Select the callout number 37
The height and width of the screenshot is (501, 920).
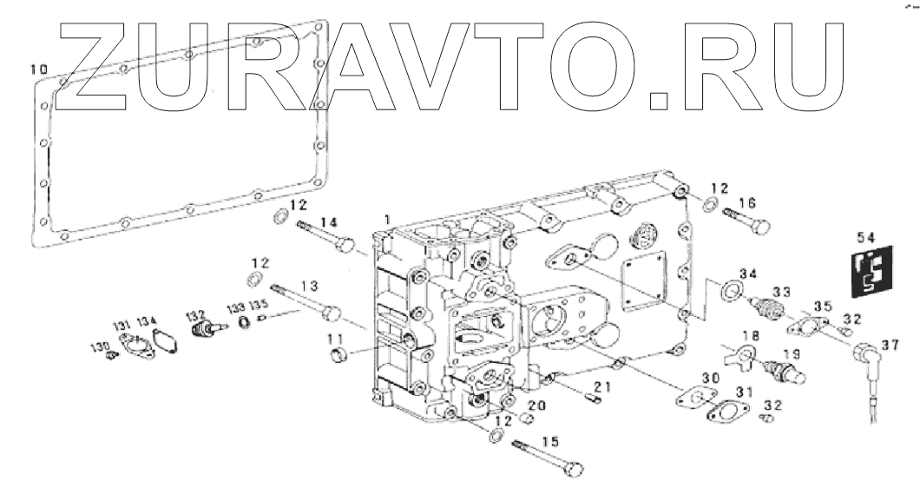coord(889,345)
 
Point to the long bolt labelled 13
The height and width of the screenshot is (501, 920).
coord(304,300)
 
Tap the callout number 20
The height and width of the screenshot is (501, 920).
coord(536,405)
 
